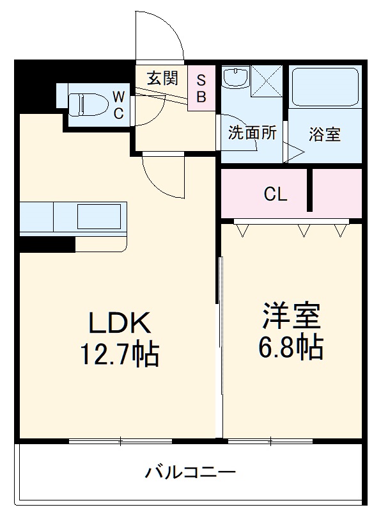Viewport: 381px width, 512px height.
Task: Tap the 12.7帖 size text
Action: point(120,353)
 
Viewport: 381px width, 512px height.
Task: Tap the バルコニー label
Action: point(190,473)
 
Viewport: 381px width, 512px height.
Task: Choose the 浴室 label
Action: point(324,134)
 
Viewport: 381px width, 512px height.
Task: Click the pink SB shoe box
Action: point(200,88)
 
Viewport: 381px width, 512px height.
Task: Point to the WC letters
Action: point(119,104)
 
